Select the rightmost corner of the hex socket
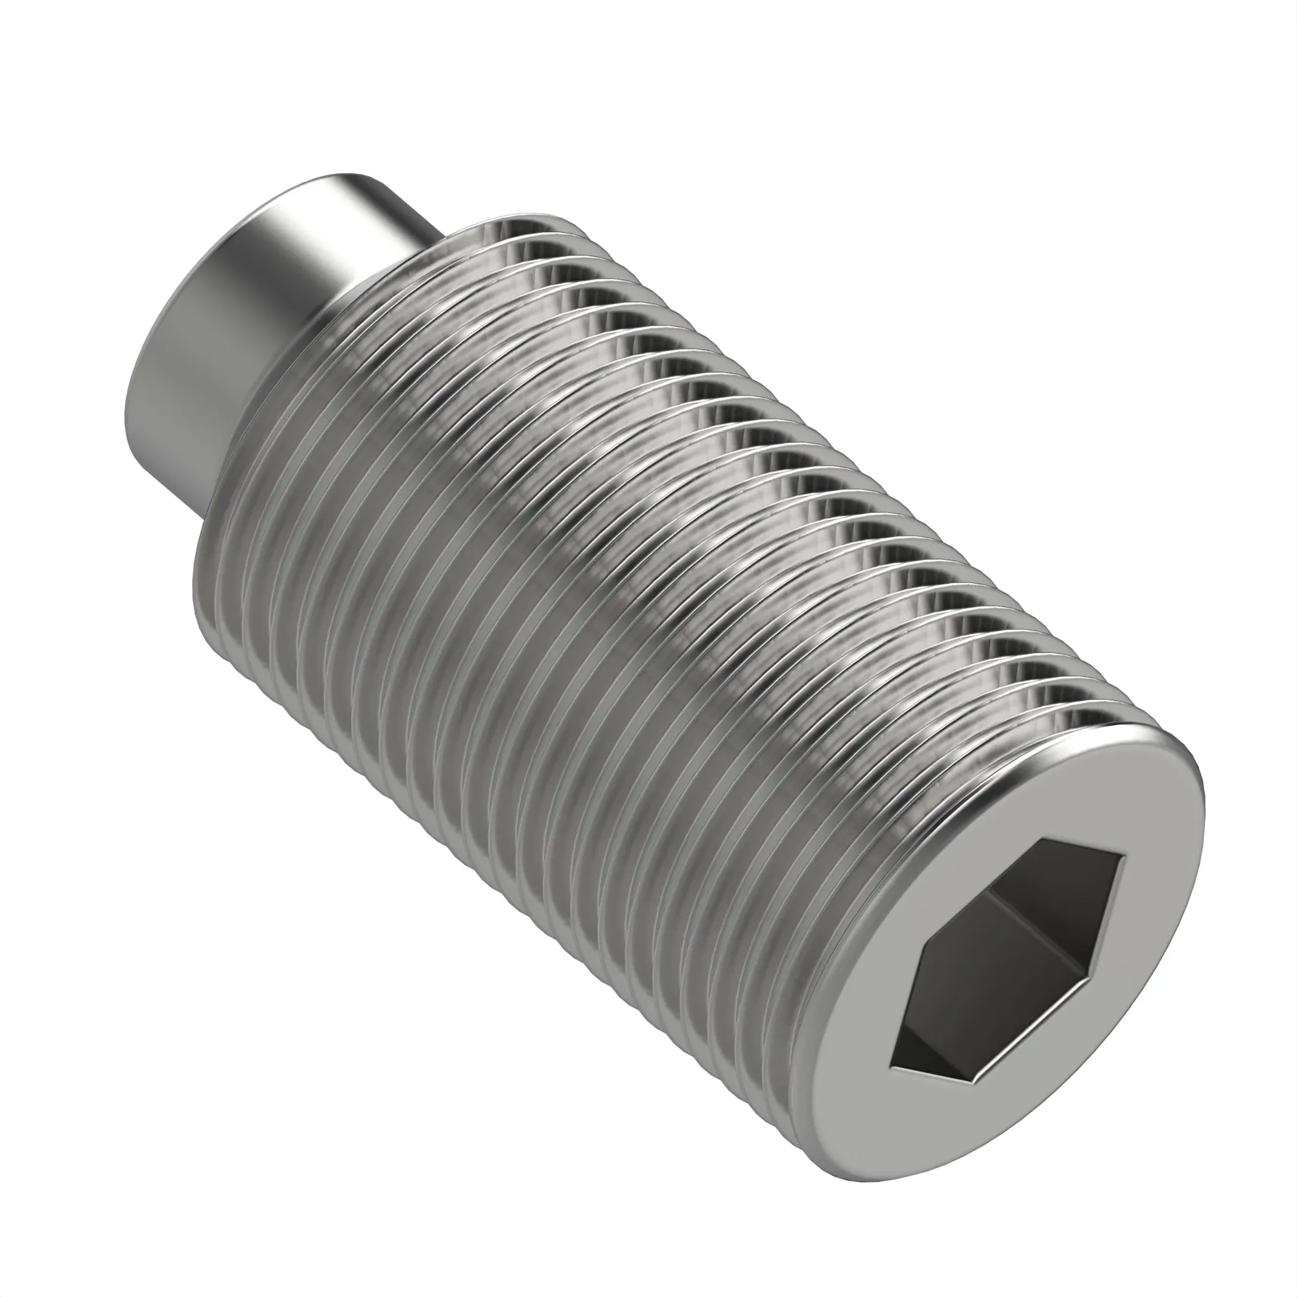click(1124, 857)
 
